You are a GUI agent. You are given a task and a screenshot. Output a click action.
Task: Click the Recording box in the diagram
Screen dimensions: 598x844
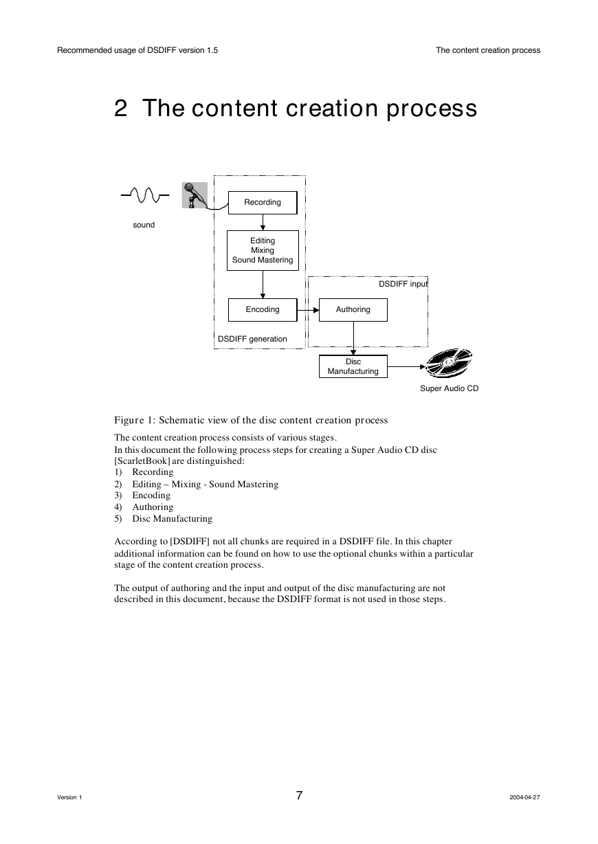click(263, 203)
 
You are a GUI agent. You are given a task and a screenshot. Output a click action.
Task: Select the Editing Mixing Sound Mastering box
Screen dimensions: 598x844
click(263, 251)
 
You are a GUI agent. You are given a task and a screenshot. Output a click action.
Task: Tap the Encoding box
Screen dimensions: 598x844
click(263, 310)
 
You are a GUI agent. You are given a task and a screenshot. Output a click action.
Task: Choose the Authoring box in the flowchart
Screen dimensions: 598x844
click(353, 310)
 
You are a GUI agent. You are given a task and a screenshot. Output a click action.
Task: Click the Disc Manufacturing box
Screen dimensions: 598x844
click(353, 366)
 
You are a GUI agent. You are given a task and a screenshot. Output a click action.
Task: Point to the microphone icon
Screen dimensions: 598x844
click(195, 195)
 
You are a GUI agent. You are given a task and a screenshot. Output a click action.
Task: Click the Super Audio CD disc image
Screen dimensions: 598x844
click(449, 363)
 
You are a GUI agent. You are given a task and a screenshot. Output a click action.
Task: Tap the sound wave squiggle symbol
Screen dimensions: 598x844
click(145, 195)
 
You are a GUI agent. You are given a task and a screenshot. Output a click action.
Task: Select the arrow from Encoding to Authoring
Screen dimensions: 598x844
click(308, 310)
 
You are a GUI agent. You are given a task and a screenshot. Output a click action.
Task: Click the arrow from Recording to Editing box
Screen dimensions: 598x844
click(263, 222)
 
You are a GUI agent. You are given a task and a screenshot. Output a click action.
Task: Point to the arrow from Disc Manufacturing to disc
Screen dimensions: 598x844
click(406, 366)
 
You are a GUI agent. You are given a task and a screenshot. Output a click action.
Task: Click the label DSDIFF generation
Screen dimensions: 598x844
click(252, 339)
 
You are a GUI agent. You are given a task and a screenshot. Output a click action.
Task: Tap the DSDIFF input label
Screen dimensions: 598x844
click(403, 284)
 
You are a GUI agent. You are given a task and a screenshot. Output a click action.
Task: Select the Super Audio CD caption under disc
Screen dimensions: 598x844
click(449, 388)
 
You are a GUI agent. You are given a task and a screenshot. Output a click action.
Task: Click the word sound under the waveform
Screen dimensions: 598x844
click(144, 225)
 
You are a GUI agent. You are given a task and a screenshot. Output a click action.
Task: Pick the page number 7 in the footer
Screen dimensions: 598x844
click(299, 795)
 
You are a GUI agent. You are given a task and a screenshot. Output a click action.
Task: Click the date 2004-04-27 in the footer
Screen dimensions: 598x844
click(524, 797)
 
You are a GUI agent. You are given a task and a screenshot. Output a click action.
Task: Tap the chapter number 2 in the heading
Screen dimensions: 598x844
click(120, 108)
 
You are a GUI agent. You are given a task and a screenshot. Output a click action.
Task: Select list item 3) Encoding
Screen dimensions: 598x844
click(142, 495)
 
